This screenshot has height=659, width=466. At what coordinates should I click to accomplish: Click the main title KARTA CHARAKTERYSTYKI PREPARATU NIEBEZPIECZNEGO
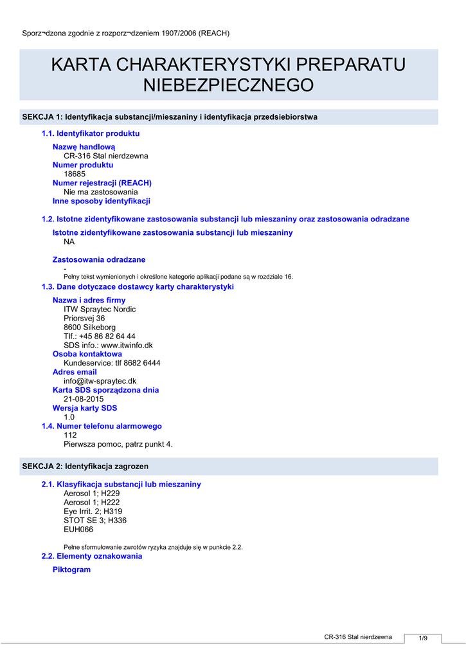(228, 74)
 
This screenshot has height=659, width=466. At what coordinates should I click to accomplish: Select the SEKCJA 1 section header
(170, 117)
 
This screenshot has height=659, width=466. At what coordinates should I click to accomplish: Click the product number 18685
(75, 174)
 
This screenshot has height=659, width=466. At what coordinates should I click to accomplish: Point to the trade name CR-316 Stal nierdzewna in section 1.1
(105, 156)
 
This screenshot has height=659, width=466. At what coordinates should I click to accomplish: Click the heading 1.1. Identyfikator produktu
(91, 134)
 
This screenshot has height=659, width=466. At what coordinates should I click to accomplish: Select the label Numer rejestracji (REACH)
(102, 183)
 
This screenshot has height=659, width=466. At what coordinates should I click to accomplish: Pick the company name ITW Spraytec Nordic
(100, 309)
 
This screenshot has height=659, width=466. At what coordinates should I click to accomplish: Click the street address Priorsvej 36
(84, 318)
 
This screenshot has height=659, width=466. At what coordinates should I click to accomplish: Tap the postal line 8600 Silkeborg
(89, 327)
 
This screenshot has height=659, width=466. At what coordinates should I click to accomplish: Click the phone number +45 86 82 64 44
(108, 336)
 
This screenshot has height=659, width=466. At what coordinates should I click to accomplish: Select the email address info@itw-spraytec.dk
(100, 381)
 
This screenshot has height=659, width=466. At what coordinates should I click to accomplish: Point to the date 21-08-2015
(84, 399)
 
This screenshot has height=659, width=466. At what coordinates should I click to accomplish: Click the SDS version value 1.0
(69, 417)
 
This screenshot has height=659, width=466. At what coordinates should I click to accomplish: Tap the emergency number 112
(70, 435)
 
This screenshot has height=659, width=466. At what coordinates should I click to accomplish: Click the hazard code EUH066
(78, 530)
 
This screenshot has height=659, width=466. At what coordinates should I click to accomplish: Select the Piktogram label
(71, 570)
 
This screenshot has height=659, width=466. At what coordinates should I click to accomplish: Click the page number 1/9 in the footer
(423, 638)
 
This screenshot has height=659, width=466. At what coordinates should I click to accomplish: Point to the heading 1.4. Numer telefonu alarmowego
(102, 426)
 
